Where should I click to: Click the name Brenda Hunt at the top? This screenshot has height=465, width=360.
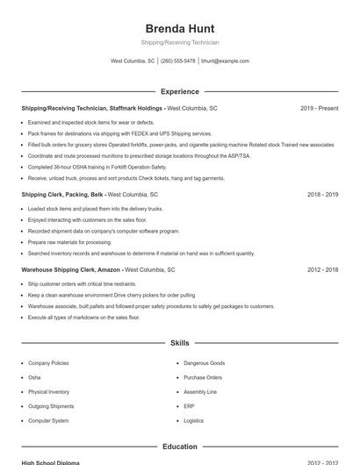179,28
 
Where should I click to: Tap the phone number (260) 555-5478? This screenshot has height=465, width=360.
178,61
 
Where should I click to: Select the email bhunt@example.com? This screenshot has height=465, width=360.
226,61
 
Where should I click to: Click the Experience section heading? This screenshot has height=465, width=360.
179,91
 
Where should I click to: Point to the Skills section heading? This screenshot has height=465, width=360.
179,343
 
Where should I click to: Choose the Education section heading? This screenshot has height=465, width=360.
179,447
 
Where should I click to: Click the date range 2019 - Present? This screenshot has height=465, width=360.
319,108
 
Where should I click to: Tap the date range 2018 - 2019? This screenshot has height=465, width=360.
322,194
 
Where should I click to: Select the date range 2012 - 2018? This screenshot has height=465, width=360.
322,270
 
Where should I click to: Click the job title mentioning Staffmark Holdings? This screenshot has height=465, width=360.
92,108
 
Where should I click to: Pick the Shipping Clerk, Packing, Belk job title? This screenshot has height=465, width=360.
63,194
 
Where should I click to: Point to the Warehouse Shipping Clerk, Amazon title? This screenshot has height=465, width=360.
70,270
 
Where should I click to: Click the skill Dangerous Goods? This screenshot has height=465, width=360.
204,363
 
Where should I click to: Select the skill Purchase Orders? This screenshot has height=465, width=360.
202,377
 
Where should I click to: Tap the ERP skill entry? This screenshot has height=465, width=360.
189,406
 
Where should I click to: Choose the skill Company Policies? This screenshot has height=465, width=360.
48,363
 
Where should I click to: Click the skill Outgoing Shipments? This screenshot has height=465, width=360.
51,406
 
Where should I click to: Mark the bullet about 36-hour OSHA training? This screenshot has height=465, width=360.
97,167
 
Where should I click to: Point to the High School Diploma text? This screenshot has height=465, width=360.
50,462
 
